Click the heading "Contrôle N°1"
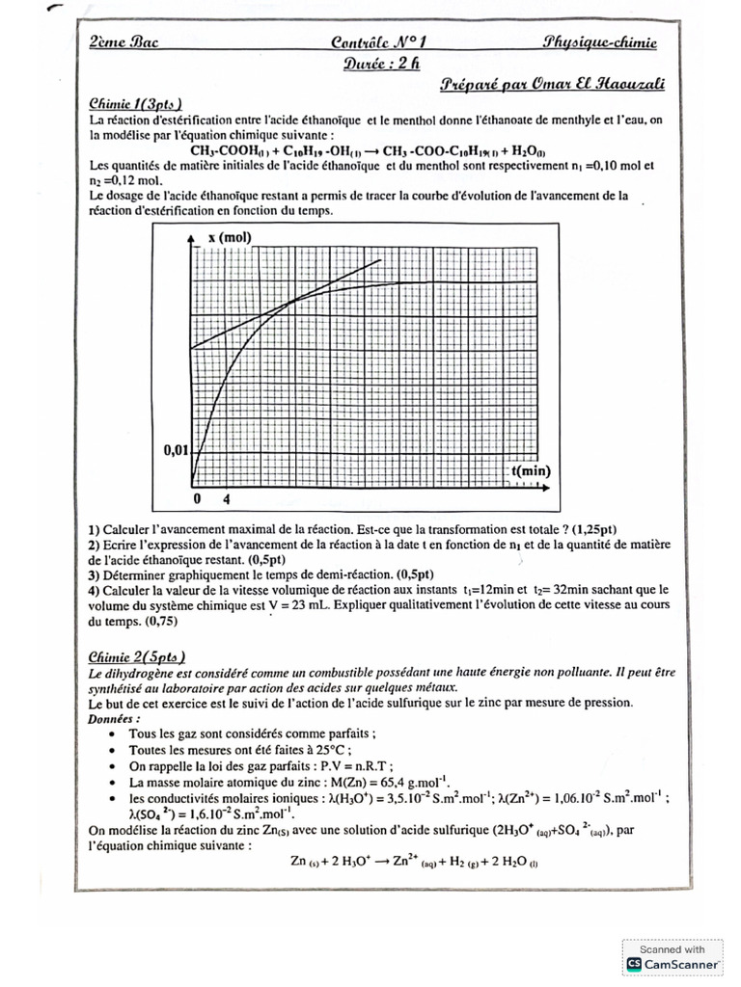click(x=370, y=42)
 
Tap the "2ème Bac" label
click(x=123, y=42)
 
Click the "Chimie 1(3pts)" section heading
click(x=135, y=104)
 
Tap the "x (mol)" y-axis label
click(x=229, y=237)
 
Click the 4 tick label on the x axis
click(x=227, y=500)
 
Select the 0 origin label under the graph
click(x=196, y=500)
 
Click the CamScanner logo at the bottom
click(x=673, y=963)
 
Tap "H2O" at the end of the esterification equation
click(x=529, y=151)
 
